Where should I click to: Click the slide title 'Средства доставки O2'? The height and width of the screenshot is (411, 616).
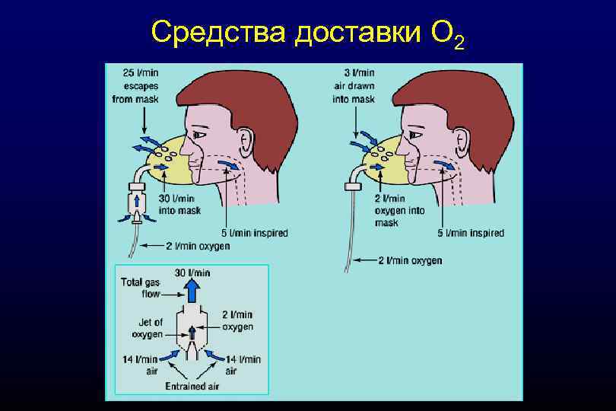tap(307, 33)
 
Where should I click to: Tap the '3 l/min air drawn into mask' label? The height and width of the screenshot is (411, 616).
tap(354, 85)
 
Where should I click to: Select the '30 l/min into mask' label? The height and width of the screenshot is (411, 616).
tap(179, 205)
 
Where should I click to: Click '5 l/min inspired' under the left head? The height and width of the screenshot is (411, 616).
tap(256, 232)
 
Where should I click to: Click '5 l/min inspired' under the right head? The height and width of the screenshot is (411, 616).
tap(471, 232)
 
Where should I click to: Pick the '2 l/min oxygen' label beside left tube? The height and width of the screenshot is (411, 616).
tap(198, 246)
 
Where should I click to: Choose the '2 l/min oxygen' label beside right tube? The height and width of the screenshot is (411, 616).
tap(410, 260)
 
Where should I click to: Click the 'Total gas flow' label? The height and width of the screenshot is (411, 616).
tap(141, 287)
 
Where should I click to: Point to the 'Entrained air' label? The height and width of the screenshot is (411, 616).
tap(192, 386)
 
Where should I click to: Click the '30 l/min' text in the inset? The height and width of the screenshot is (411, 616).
tap(192, 272)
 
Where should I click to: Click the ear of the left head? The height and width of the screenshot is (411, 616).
tap(246, 140)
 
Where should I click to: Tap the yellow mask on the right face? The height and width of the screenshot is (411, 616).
tap(385, 161)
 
